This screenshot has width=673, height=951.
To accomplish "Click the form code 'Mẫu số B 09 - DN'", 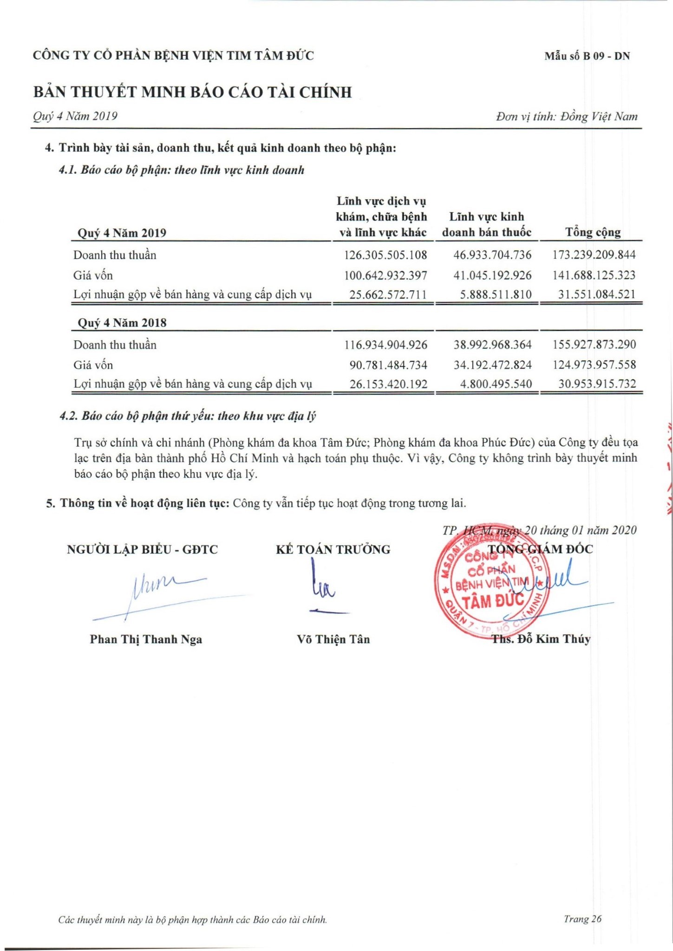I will coord(587,56).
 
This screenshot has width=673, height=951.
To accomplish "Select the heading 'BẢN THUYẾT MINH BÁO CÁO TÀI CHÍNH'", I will coord(192,92).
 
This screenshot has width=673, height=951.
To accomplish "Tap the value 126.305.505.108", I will coord(386,255).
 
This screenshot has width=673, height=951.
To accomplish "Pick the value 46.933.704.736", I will coord(492,255).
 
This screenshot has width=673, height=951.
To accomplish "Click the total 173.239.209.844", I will coord(594,255).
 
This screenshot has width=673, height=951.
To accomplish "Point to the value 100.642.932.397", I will coord(386,275).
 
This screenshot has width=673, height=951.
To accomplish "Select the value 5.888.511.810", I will coord(496,294).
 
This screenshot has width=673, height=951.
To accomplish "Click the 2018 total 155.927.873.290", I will coord(594,345).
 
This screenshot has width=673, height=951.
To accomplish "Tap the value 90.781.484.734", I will coord(388,365).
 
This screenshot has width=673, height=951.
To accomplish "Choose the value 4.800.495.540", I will coord(496,384).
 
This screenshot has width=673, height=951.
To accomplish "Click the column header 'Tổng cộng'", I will coord(593,232).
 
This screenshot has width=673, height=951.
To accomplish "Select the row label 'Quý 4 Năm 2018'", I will coord(122,323).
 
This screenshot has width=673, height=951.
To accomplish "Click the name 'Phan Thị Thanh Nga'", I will coord(146,639).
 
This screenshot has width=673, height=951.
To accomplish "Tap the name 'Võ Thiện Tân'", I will coord(333,639).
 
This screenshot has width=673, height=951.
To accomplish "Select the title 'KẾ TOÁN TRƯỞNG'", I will coord(333,550).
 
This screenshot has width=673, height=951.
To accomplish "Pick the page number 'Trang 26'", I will coord(582,918).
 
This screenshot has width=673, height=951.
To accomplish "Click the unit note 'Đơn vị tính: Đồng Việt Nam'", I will coord(567,117).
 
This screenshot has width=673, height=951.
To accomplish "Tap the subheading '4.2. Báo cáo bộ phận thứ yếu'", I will coord(188,416).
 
